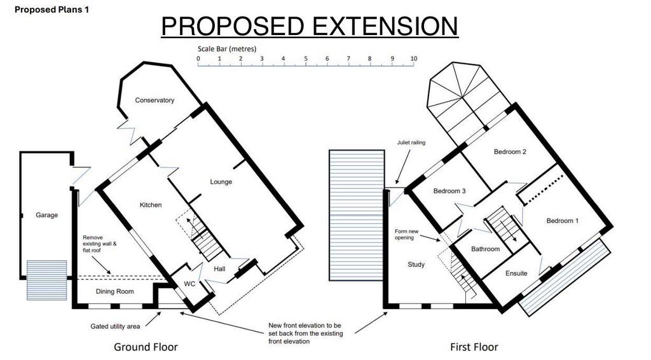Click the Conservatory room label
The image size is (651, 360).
click(x=154, y=100)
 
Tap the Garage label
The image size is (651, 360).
click(x=46, y=215)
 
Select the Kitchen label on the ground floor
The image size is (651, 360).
click(x=151, y=205)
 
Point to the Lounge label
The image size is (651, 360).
click(x=221, y=182)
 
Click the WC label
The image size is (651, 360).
click(x=189, y=284)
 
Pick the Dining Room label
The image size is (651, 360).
click(x=114, y=291)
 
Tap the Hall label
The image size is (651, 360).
click(x=219, y=268)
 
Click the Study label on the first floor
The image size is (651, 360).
click(x=416, y=265)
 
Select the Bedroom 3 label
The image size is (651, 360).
click(x=449, y=191)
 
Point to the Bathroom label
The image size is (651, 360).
click(x=485, y=249)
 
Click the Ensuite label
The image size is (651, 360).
click(x=516, y=273)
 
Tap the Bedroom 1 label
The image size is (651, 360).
click(x=563, y=221)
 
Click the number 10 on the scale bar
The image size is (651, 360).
click(x=413, y=59)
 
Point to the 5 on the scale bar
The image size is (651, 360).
click(x=306, y=59)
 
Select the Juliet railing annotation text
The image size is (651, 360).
click(x=411, y=142)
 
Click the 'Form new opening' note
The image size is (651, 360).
click(x=406, y=235)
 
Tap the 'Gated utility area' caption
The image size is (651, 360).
click(x=115, y=326)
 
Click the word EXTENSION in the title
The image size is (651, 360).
click(x=385, y=26)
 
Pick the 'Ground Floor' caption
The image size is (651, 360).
click(x=146, y=347)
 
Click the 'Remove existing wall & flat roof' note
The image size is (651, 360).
click(x=100, y=244)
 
